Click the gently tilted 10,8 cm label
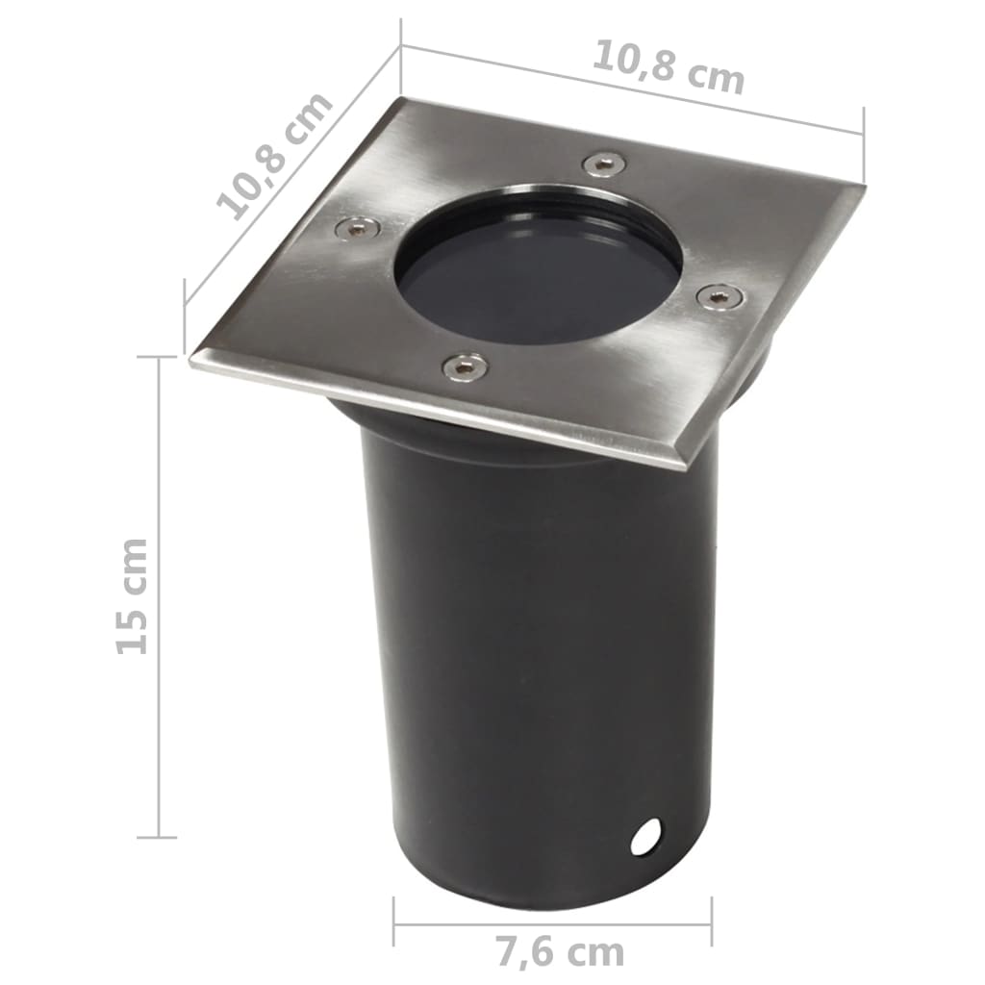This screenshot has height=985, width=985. (668, 66)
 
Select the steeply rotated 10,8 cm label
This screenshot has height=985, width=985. (273, 156)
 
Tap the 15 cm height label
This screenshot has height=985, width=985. (132, 596)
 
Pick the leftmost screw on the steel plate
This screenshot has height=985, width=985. (357, 228)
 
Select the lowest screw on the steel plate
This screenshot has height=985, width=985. (464, 366)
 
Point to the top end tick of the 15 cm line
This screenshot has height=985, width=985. (158, 357)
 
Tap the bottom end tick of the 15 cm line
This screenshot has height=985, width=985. (158, 836)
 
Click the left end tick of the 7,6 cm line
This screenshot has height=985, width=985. (394, 922)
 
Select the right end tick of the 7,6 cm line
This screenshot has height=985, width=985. (711, 922)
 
